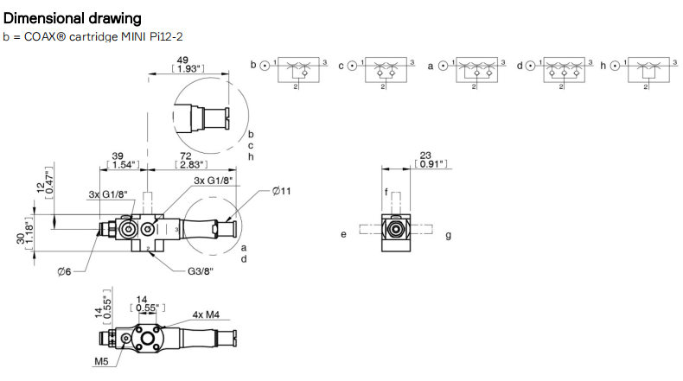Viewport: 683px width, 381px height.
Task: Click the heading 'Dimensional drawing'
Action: pyautogui.click(x=73, y=18)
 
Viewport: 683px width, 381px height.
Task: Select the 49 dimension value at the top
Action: pyautogui.click(x=182, y=60)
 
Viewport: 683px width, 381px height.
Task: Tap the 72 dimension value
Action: pyautogui.click(x=186, y=156)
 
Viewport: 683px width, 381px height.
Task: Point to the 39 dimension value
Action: pyautogui.click(x=118, y=156)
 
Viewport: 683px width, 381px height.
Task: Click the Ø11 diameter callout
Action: pyautogui.click(x=281, y=191)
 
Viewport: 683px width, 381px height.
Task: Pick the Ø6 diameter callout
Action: pyautogui.click(x=64, y=271)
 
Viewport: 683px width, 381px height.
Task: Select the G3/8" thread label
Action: pyautogui.click(x=201, y=271)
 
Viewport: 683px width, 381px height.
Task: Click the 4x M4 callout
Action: pyautogui.click(x=206, y=314)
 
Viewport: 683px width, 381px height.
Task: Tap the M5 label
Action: pyautogui.click(x=101, y=361)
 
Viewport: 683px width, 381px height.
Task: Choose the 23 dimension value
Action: pyautogui.click(x=425, y=155)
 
